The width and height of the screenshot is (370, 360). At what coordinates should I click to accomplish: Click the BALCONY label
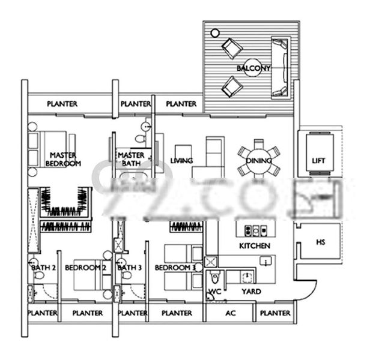[x=253, y=68]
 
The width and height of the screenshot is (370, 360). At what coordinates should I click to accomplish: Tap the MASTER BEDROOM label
[x=65, y=158]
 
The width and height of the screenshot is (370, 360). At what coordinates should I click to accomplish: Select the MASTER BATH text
[x=131, y=158]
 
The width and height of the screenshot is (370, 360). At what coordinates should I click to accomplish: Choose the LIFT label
[x=319, y=161]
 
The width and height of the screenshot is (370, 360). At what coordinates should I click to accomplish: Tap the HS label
[x=320, y=242]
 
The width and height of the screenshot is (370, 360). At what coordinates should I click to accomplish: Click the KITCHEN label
[x=255, y=246]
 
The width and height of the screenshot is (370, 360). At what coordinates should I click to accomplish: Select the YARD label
[x=250, y=292]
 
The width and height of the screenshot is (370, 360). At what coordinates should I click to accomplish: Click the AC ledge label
[x=230, y=313]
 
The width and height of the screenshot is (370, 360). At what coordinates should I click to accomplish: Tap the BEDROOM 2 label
[x=85, y=267]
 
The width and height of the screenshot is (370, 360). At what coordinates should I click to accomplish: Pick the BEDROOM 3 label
[x=175, y=267]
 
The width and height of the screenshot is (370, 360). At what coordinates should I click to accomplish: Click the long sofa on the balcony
[x=280, y=67]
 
